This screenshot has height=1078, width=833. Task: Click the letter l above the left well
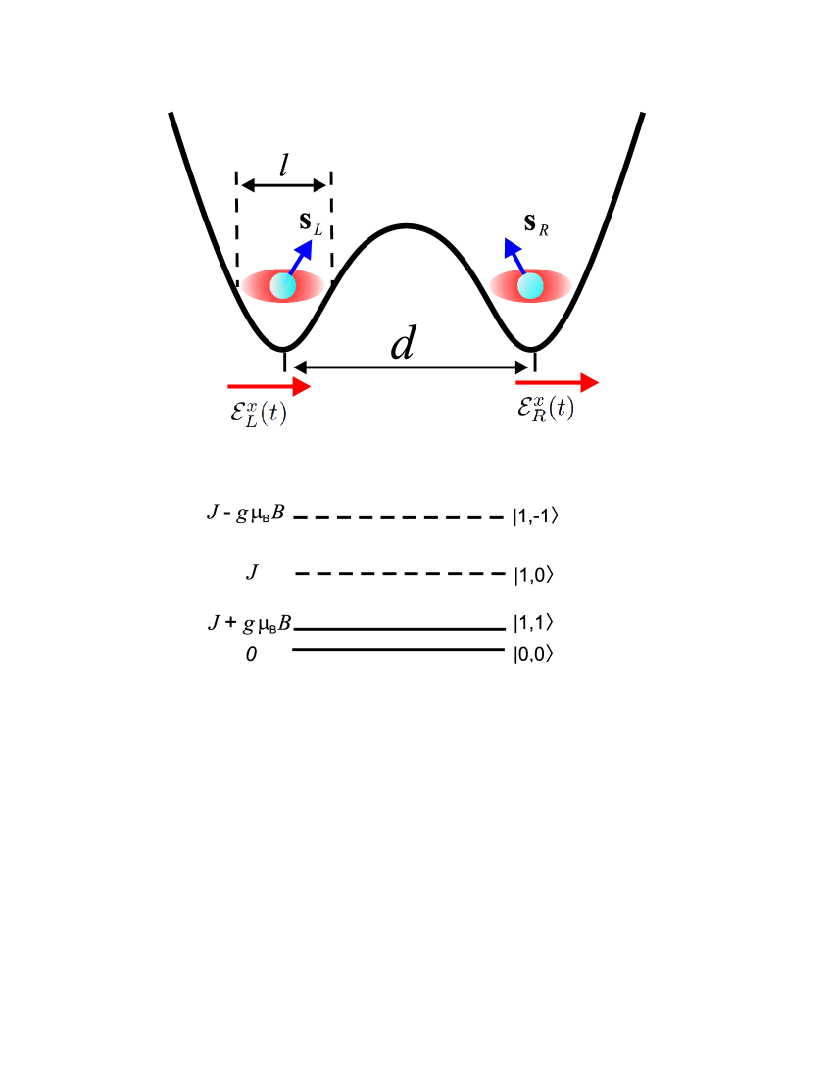point(283,165)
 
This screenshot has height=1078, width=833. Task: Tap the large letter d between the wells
point(403,345)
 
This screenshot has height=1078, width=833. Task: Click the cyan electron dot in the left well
point(282,286)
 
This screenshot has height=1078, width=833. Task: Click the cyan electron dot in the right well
point(530,286)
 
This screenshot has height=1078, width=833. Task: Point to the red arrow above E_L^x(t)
point(269,387)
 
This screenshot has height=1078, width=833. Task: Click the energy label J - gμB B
point(245,514)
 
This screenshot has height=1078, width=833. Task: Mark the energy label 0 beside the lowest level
point(252,653)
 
